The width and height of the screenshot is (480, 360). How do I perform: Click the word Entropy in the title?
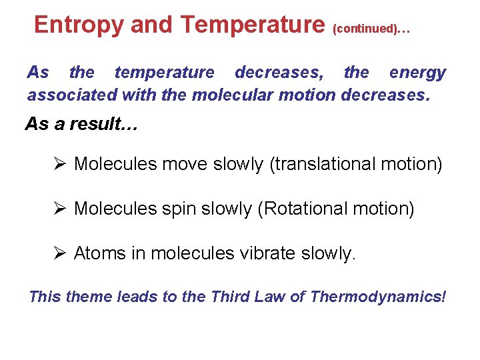pos(79,25)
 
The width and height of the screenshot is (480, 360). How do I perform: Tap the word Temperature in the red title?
pos(252,25)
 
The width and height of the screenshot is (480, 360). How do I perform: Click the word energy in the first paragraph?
pos(417,73)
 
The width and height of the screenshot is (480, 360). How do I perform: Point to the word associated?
pos(72,95)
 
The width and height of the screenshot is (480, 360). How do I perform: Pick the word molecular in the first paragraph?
pos(232,95)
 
